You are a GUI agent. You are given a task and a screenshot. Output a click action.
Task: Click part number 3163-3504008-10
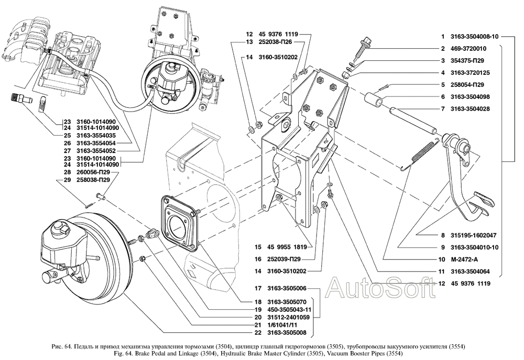tap(474, 37)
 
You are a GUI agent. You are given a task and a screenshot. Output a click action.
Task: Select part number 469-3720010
tap(468, 49)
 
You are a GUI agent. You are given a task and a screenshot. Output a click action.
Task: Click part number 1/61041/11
tap(282, 325)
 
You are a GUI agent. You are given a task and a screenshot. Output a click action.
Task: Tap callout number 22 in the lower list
tap(257, 333)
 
